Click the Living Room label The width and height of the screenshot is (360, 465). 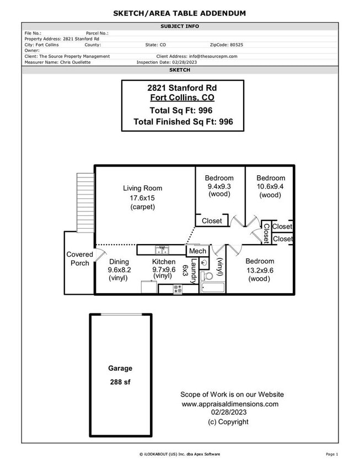pyautogui.click(x=142, y=188)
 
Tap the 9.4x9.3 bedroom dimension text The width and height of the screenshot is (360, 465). pyautogui.click(x=219, y=187)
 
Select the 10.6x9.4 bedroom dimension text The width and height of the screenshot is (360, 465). pyautogui.click(x=270, y=187)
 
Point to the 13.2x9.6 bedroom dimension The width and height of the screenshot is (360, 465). pyautogui.click(x=259, y=270)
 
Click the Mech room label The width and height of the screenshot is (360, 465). pyautogui.click(x=197, y=251)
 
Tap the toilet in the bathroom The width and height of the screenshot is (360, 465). pyautogui.click(x=206, y=275)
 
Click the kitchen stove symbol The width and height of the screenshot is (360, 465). pyautogui.click(x=178, y=288)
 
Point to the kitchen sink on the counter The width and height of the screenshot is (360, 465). pyautogui.click(x=162, y=249)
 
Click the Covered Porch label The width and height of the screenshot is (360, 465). pyautogui.click(x=79, y=259)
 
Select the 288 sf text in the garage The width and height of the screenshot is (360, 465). pyautogui.click(x=120, y=381)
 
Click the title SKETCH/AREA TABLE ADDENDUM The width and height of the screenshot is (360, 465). pyautogui.click(x=180, y=13)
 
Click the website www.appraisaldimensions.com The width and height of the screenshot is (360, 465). pyautogui.click(x=230, y=404)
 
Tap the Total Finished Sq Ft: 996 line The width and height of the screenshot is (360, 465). pyautogui.click(x=183, y=122)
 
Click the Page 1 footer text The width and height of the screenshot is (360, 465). pyautogui.click(x=332, y=454)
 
